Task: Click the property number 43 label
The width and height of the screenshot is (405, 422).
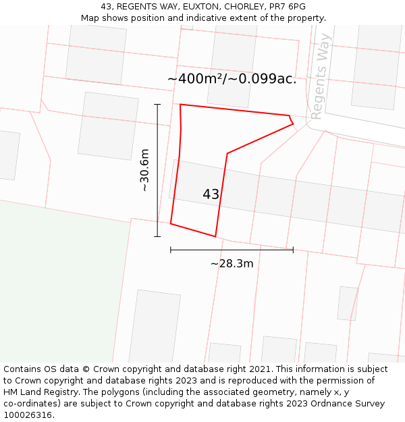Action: coord(211,194)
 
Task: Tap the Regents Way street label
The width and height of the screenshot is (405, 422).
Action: coord(320,76)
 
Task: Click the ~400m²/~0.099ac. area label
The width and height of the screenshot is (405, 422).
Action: coord(232,79)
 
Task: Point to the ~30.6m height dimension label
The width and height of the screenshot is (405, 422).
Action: coord(144,170)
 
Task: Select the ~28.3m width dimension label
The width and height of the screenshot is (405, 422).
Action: coord(232,263)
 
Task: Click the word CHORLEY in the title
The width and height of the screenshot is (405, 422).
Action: coord(245,7)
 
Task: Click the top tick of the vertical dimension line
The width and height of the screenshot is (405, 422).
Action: coord(157,105)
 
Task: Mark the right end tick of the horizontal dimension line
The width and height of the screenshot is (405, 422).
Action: coord(293,250)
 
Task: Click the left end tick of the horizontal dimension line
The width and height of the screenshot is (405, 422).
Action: coord(171,250)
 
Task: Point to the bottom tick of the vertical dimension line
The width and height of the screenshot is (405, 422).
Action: coord(157,236)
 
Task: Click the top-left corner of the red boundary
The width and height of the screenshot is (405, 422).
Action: coord(180,105)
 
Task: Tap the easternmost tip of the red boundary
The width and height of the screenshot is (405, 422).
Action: coord(293,124)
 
